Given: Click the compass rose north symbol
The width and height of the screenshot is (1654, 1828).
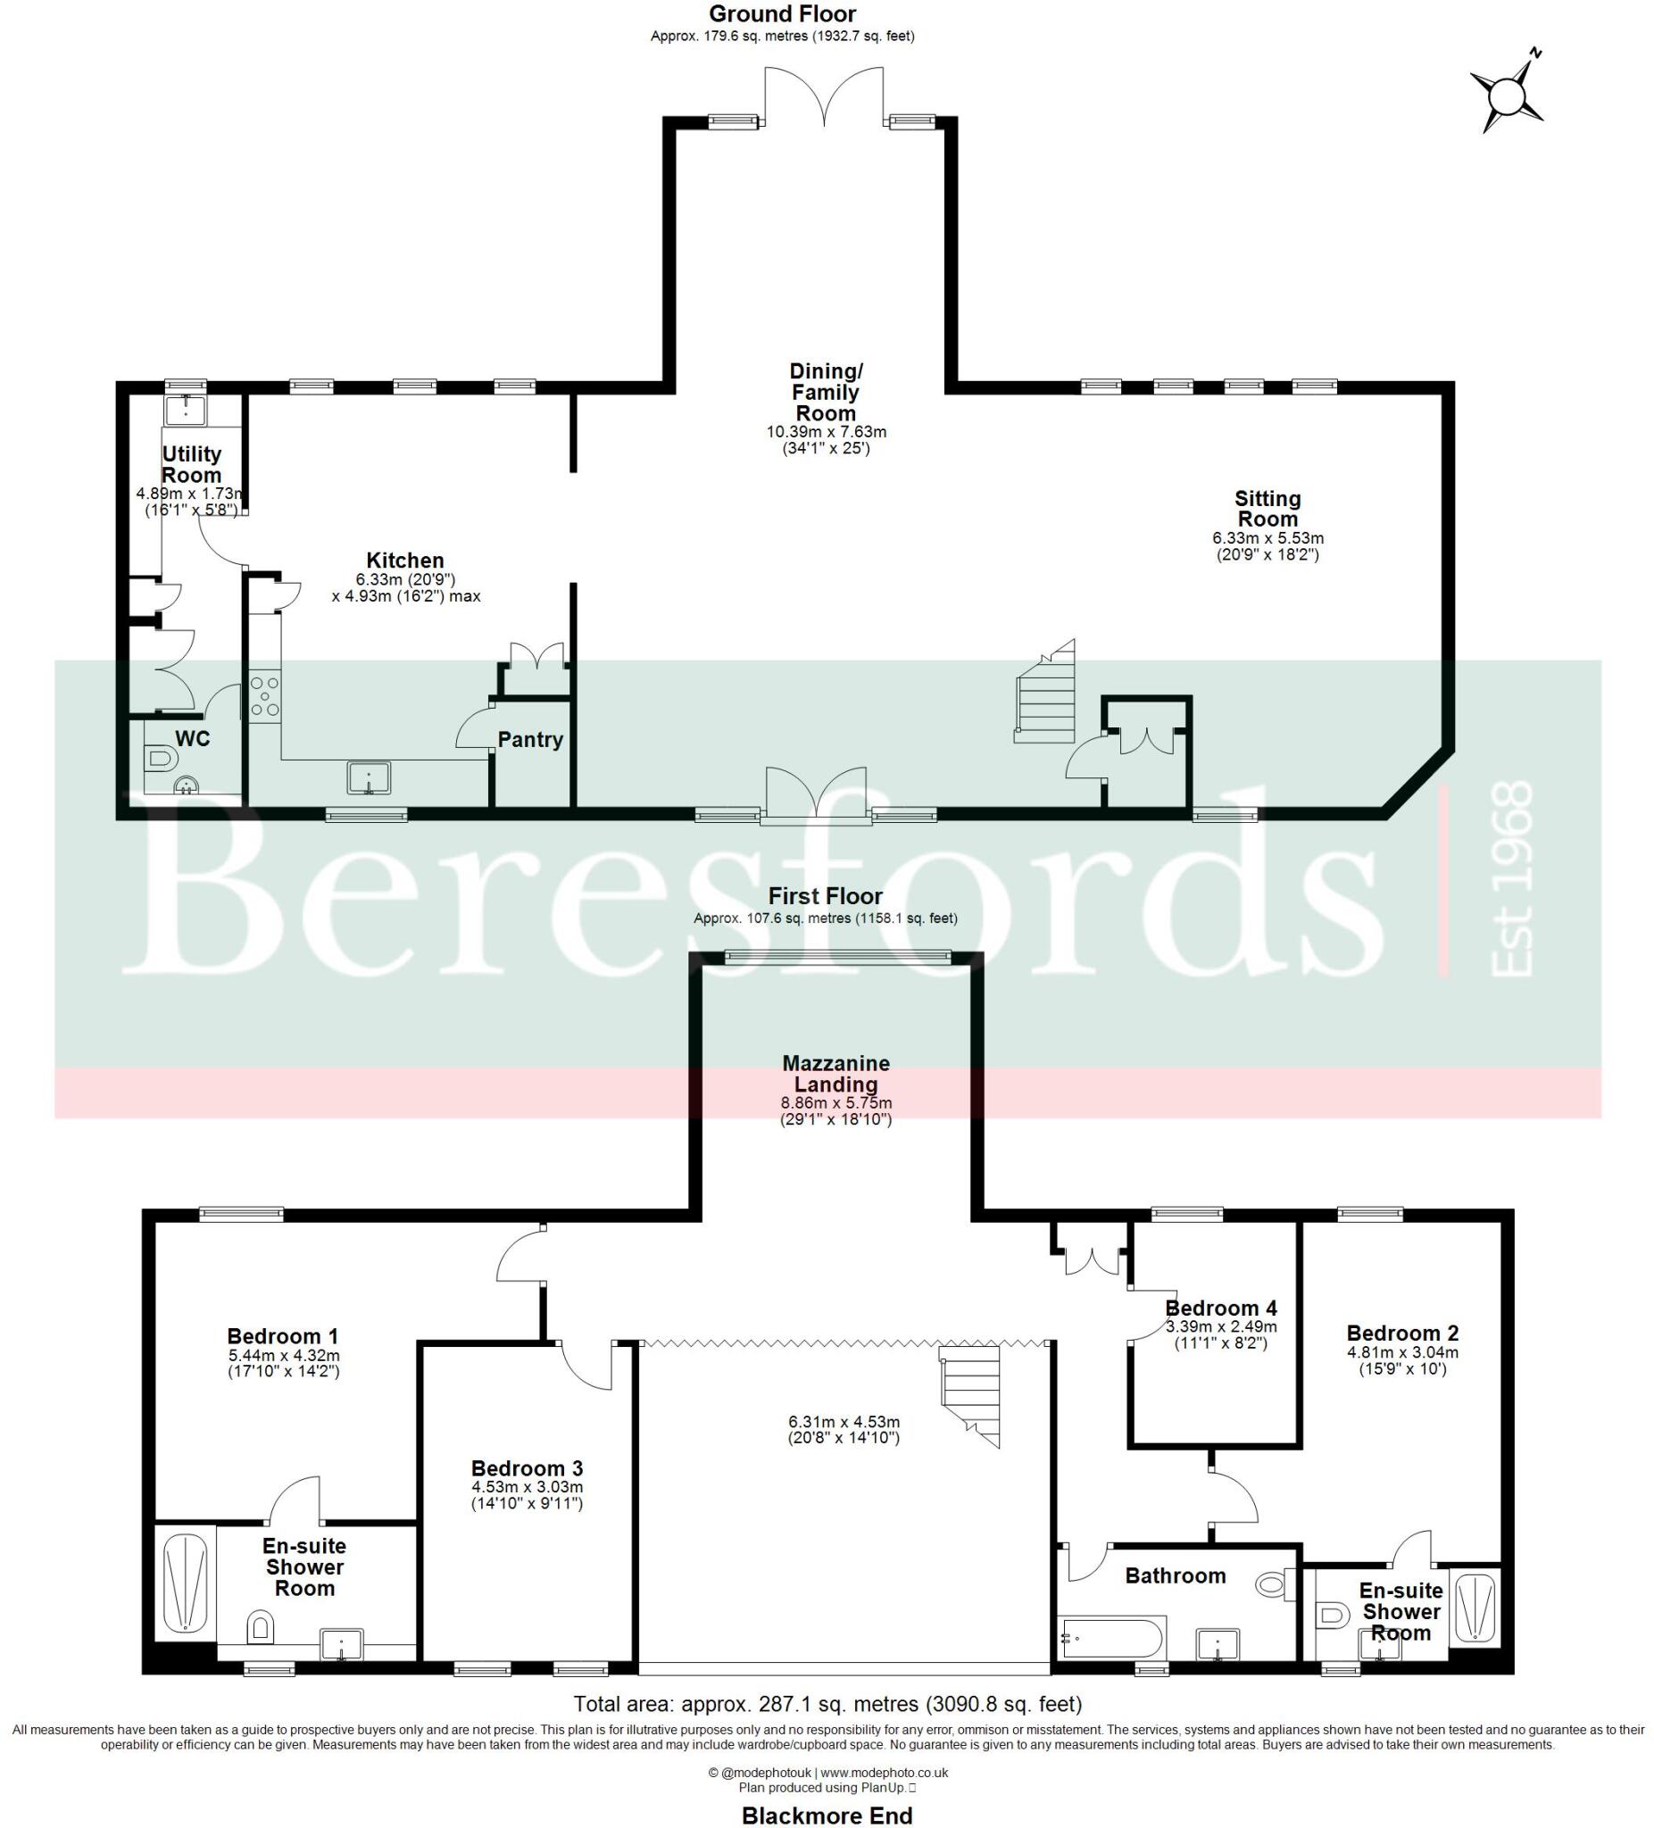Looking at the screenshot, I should (x=1507, y=95).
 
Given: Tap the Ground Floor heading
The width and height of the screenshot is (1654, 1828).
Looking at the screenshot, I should (x=782, y=13).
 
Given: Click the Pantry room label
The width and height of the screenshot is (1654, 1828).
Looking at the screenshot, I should (x=530, y=739).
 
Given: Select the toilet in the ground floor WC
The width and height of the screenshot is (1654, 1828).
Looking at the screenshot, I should (x=159, y=757).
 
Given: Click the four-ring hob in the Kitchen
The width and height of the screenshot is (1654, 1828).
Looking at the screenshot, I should (x=265, y=694).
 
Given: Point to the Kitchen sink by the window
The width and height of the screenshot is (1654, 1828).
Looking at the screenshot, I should (x=368, y=778).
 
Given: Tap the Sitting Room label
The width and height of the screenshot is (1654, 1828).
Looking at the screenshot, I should (x=1267, y=509).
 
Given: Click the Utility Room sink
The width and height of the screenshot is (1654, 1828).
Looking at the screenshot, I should (x=185, y=409).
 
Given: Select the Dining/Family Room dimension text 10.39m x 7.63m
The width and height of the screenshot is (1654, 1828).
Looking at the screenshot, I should (x=826, y=432).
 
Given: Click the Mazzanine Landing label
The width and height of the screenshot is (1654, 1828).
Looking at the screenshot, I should (x=836, y=1074).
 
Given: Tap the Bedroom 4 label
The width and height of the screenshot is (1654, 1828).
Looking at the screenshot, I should (x=1220, y=1308).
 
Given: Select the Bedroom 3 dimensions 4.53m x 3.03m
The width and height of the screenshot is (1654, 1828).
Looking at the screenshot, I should (x=527, y=1487).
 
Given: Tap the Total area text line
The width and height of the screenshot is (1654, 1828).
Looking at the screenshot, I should (x=827, y=1704).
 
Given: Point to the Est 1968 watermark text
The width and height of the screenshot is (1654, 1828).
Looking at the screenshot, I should (x=1510, y=879).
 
